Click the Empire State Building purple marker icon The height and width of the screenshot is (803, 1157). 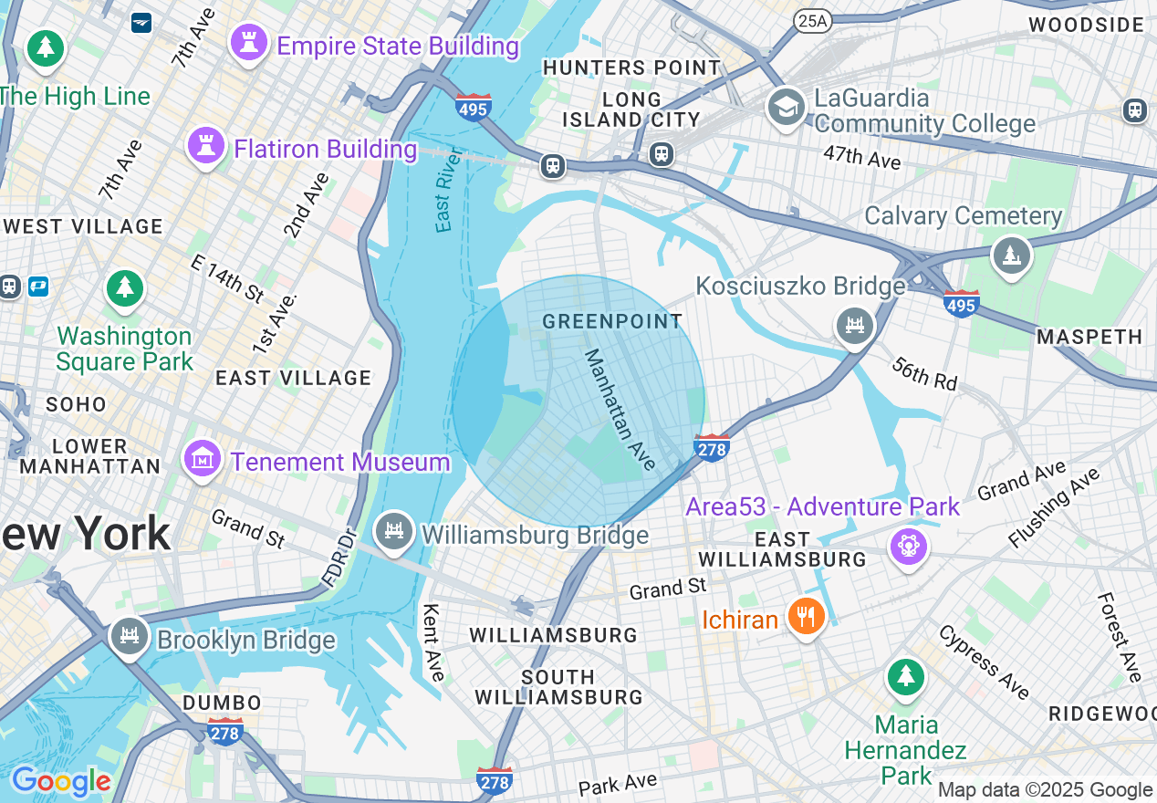click(248, 43)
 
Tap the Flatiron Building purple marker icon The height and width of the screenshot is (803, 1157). click(206, 146)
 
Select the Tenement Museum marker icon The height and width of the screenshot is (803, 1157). click(203, 459)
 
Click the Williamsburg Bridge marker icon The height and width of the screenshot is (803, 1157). click(394, 532)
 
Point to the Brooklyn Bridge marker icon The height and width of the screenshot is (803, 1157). click(129, 637)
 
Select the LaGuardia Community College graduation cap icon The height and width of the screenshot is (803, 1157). click(786, 108)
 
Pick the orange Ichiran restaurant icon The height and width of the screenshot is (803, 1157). click(805, 618)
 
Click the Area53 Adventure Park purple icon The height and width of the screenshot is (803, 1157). click(910, 546)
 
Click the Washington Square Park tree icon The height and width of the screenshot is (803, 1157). click(125, 288)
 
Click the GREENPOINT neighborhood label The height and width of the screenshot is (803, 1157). click(612, 321)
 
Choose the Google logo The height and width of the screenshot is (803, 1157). click(60, 781)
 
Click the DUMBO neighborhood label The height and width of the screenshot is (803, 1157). click(223, 703)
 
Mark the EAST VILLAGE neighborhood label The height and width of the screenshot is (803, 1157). click(293, 378)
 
